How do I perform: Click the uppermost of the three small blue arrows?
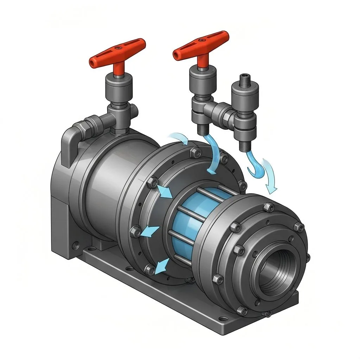[164, 192]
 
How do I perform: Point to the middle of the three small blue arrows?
[150, 231]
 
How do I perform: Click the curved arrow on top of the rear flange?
[178, 138]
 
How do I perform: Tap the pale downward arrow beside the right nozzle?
[271, 176]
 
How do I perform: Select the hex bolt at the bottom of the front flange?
[242, 310]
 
